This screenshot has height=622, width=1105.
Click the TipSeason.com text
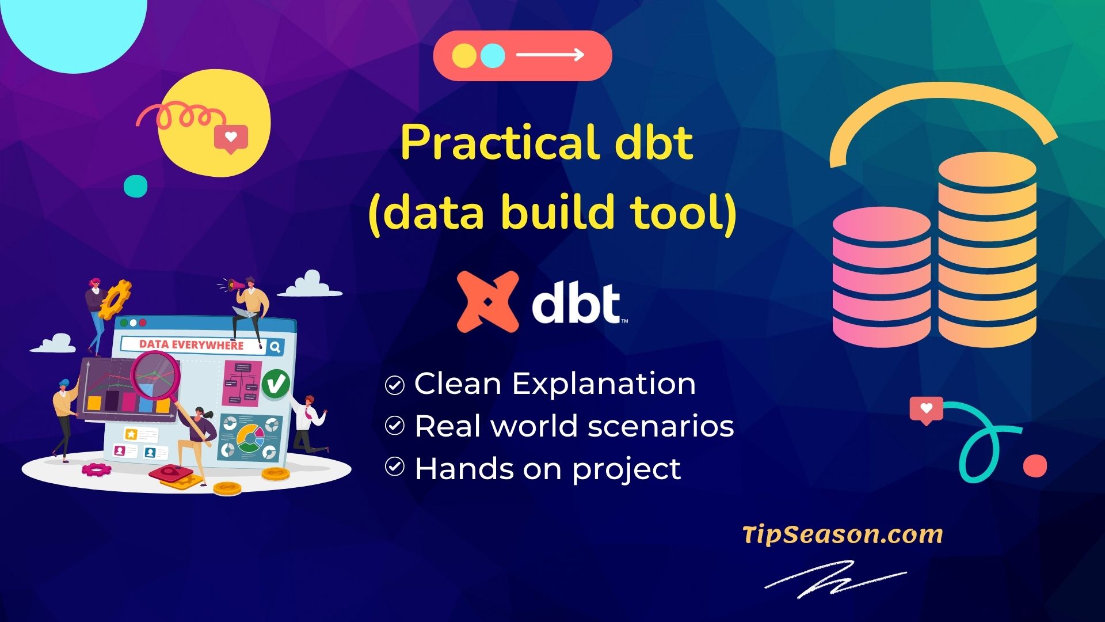[x=843, y=534]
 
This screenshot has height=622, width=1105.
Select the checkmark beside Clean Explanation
[x=394, y=385]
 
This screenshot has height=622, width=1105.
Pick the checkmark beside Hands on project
[x=394, y=467]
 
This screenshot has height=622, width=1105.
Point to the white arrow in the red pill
[x=550, y=55]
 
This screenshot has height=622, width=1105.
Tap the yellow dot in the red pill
[x=464, y=56]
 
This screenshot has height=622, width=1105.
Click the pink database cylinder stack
[x=881, y=276]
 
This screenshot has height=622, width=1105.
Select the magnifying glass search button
[x=275, y=347]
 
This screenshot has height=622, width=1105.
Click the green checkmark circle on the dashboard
[x=276, y=383]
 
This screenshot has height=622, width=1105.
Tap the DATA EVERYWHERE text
[x=191, y=345]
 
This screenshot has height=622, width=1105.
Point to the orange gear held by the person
[x=114, y=299]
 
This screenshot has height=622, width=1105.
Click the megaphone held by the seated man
[x=237, y=284]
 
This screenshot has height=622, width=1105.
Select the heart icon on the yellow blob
[x=231, y=138]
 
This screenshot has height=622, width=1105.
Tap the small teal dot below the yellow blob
[x=136, y=186]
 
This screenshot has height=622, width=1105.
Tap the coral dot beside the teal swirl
[x=1035, y=466]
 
